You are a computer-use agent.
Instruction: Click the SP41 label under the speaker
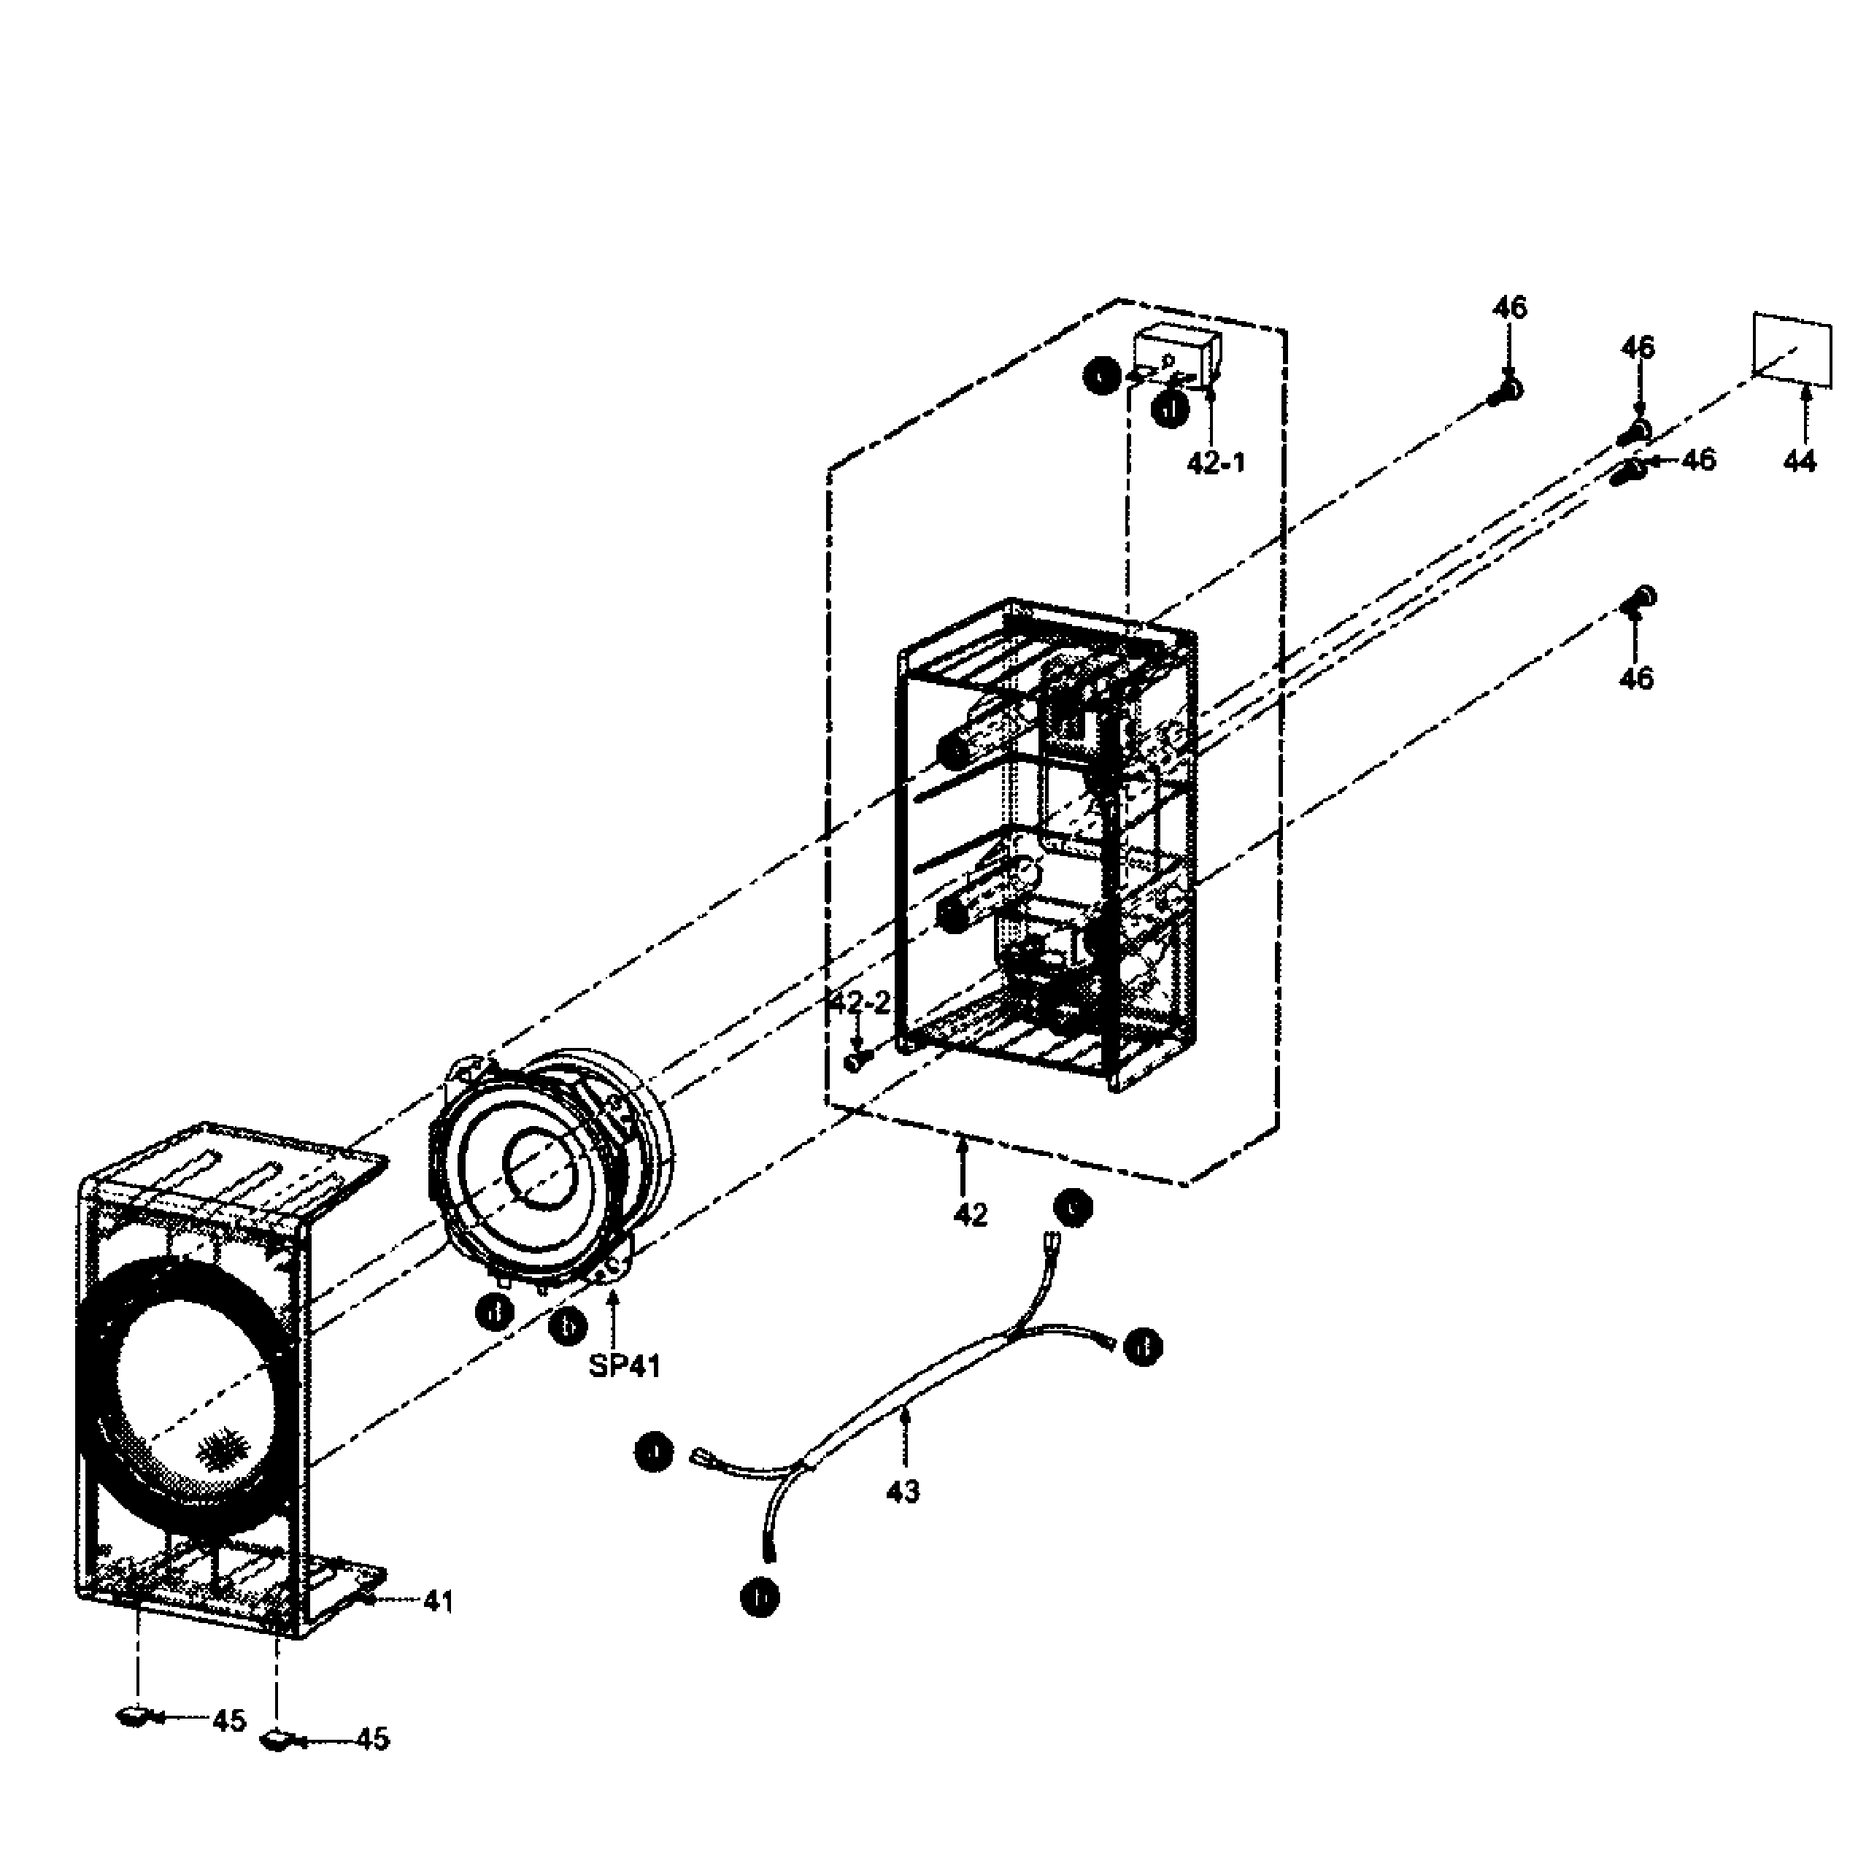pos(625,1365)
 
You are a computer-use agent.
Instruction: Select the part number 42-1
pos(1216,463)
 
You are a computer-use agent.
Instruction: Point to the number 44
pos(1800,462)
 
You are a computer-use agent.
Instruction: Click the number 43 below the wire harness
pos(903,1492)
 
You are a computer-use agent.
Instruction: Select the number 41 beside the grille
pos(438,1601)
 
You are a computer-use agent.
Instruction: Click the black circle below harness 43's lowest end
pos(760,1598)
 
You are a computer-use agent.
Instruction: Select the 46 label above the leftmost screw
pos(1509,308)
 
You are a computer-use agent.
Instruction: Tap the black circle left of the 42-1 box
pos(1099,376)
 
